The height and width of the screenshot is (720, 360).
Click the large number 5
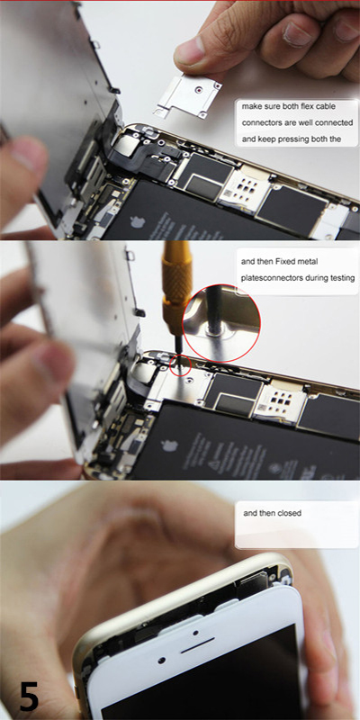click(30, 695)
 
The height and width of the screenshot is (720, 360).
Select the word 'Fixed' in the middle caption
click(285, 262)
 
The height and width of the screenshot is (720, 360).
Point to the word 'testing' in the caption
click(344, 278)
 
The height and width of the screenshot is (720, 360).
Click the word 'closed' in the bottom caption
click(289, 513)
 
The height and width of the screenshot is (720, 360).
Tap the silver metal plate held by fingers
click(188, 95)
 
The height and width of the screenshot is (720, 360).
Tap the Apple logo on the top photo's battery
click(138, 221)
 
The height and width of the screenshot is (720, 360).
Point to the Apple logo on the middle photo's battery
click(169, 445)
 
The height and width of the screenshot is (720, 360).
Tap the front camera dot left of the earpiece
click(162, 661)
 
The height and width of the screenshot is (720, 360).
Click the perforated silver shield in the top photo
click(240, 189)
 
